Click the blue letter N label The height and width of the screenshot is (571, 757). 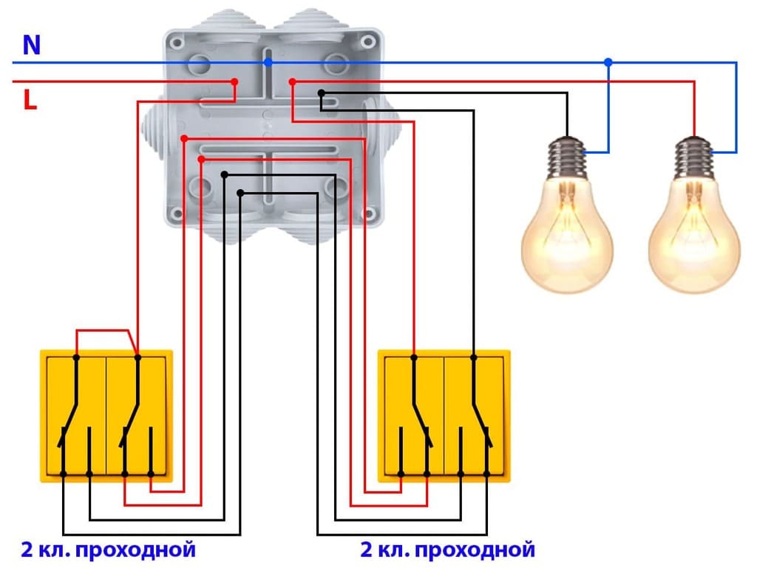(31, 46)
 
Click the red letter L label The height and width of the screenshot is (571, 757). (30, 100)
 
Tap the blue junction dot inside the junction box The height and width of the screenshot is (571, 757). (268, 63)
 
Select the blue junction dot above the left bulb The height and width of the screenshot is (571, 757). (608, 63)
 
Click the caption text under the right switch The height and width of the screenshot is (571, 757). (447, 550)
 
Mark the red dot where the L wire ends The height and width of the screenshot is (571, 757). (234, 81)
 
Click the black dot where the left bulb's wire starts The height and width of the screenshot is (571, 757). (322, 93)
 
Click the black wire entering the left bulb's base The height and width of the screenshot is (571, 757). (567, 118)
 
